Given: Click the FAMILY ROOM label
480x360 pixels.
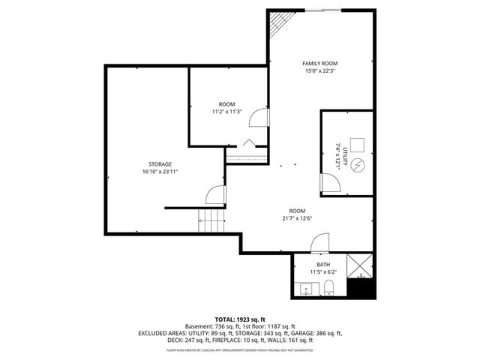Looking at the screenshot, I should (x=320, y=64).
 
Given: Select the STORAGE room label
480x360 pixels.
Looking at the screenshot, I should (x=160, y=163).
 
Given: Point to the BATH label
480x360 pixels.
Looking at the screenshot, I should (x=322, y=265).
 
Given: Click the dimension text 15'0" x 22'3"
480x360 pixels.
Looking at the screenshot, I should (x=320, y=72).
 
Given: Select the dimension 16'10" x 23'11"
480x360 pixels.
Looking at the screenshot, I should (x=160, y=171).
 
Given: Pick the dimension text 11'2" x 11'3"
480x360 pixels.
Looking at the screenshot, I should (x=226, y=111).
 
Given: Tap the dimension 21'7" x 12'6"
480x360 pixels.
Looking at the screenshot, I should (x=298, y=218).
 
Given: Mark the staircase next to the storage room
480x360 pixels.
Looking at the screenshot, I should (x=211, y=220).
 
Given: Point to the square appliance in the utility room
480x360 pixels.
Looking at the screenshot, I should (x=358, y=145).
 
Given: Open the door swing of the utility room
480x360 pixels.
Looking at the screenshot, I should (x=328, y=183).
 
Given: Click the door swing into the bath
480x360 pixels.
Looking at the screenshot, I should (x=320, y=242).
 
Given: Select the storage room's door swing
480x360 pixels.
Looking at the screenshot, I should (x=215, y=195).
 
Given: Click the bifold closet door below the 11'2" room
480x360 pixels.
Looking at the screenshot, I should (x=248, y=143).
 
